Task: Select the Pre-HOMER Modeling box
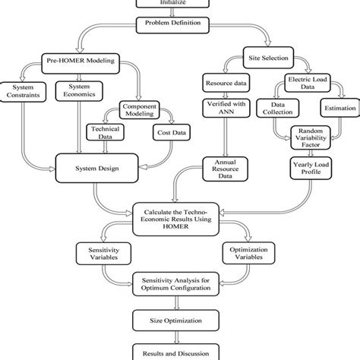coord(74,60)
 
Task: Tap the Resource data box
coord(223,81)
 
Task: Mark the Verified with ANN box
coord(223,107)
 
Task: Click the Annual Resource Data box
coord(223,166)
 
